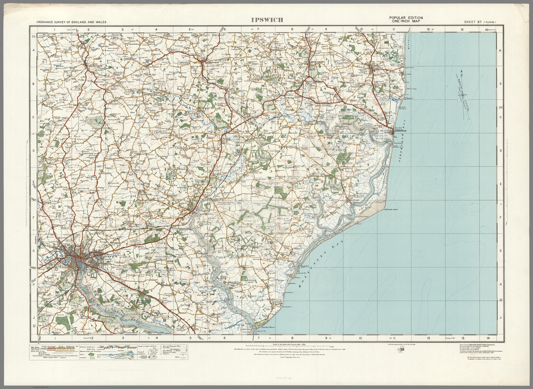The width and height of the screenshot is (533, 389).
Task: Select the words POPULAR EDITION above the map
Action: pyautogui.click(x=406, y=18)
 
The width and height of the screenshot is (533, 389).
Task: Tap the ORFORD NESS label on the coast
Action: pyautogui.click(x=391, y=209)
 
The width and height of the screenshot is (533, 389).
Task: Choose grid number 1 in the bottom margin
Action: pyautogui.click(x=55, y=338)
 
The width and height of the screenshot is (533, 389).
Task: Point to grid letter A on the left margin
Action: pyautogui.click(x=33, y=50)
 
